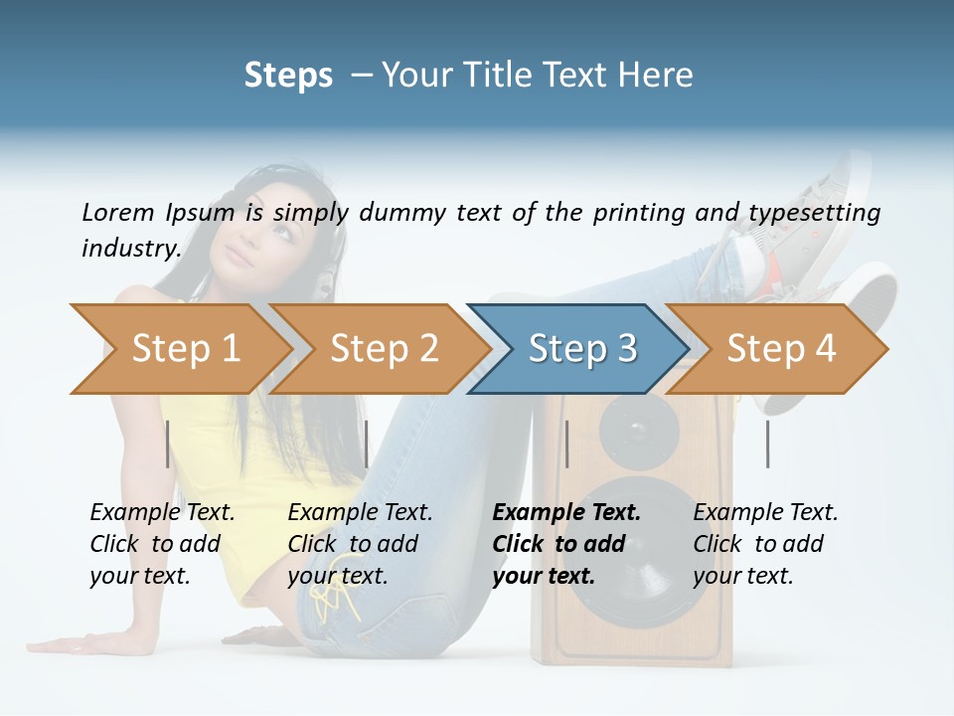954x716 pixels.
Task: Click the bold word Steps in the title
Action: (288, 76)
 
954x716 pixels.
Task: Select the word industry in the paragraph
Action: (130, 248)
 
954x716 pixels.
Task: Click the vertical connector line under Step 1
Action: (168, 444)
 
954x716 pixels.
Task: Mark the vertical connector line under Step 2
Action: (367, 444)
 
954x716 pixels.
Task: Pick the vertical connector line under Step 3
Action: (566, 444)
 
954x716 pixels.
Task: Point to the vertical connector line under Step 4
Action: (767, 444)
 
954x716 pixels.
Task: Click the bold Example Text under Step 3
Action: (566, 513)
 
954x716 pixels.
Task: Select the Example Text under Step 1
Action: (162, 513)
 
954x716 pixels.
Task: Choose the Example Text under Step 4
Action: (765, 513)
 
